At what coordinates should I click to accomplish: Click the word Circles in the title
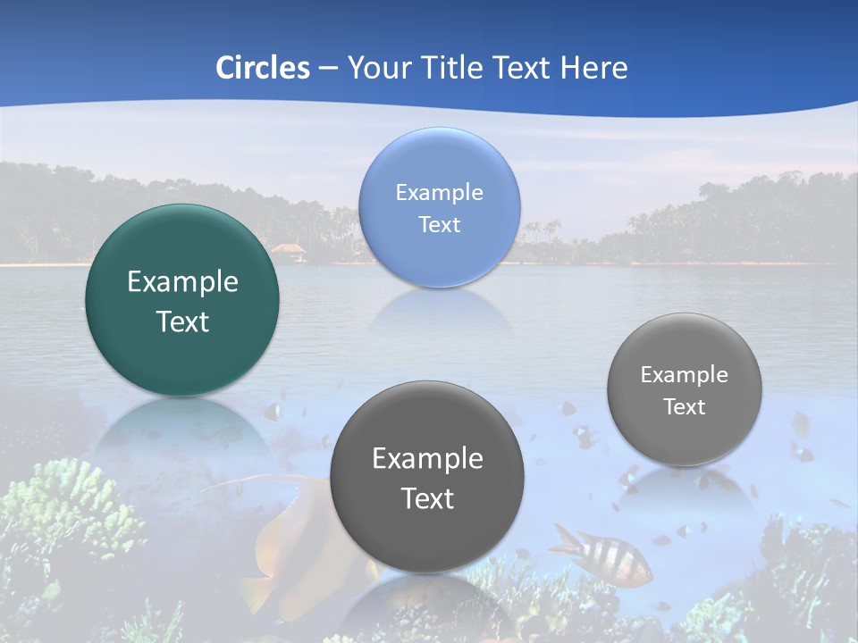point(263,68)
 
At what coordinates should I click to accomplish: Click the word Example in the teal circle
point(182,282)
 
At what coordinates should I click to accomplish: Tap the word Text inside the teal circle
point(182,321)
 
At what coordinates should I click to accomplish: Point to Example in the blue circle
point(439,192)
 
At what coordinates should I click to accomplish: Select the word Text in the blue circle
point(439,224)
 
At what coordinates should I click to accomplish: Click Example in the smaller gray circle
point(685,374)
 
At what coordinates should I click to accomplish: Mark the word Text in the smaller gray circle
point(685,406)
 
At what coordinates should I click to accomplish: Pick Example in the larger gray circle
point(427,458)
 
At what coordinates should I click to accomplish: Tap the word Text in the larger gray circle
point(427,497)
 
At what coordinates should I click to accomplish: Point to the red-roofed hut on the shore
point(288,251)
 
